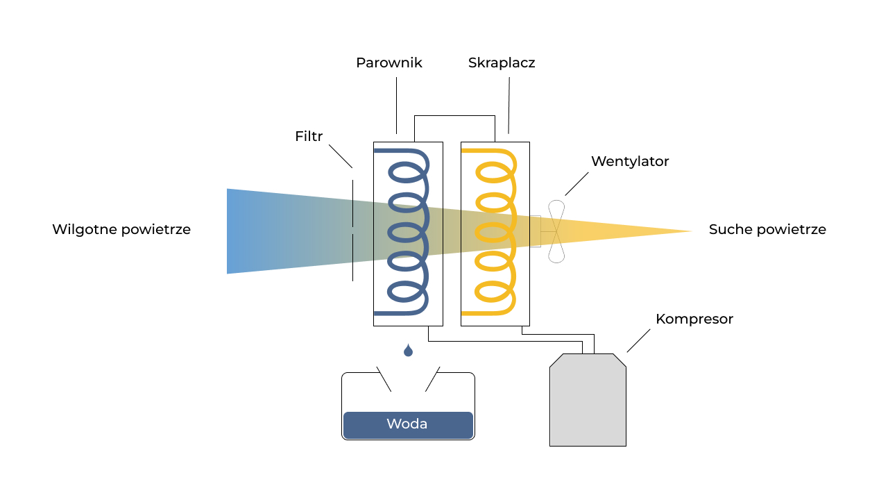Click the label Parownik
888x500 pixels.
[388, 62]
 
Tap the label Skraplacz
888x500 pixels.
[502, 62]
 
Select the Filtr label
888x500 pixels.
[309, 136]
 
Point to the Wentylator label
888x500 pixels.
[630, 161]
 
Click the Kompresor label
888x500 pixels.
[694, 319]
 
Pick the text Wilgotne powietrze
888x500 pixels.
[121, 229]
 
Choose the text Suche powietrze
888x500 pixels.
[767, 229]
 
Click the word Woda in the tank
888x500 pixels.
[407, 424]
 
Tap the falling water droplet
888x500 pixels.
[408, 351]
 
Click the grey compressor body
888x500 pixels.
[588, 403]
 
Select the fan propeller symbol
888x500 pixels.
[556, 231]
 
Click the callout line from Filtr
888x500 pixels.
[340, 156]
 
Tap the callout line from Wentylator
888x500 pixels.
[577, 184]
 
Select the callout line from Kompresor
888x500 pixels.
[638, 340]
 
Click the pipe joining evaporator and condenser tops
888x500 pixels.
[454, 116]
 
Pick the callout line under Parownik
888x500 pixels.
[396, 105]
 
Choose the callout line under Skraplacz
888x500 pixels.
[509, 104]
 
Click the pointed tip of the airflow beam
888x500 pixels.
[690, 231]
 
